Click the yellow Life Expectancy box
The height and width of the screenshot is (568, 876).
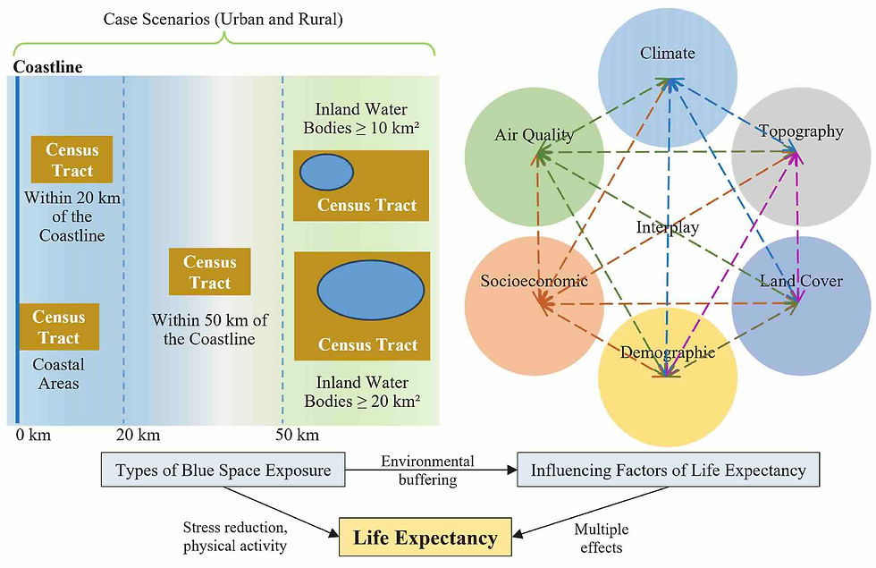pos(425,537)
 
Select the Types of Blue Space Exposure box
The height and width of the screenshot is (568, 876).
pos(223,470)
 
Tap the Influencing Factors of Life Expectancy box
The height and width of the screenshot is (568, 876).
pos(669,470)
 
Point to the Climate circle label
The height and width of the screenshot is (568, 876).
pos(668,53)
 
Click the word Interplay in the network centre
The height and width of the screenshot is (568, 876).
pos(668,227)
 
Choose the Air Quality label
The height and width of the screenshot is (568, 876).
pos(535,135)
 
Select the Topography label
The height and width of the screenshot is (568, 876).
pos(801,131)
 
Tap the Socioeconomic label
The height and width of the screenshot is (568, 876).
pos(535,280)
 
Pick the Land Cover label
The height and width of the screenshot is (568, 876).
pos(801,280)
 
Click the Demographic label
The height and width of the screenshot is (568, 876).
pos(668,352)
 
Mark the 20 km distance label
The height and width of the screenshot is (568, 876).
pos(138,435)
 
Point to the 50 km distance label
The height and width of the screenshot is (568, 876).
pos(297,435)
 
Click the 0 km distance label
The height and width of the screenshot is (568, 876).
pos(34,435)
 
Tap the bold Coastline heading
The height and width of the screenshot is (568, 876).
pos(48,67)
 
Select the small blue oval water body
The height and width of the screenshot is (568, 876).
pos(326,172)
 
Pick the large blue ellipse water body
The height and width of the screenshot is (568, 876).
pos(371,290)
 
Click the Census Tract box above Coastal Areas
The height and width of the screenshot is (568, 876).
pos(59,327)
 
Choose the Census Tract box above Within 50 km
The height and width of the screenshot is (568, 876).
pos(209,272)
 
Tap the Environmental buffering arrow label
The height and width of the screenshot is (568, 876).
pos(428,471)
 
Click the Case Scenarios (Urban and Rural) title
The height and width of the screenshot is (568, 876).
pos(223,19)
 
